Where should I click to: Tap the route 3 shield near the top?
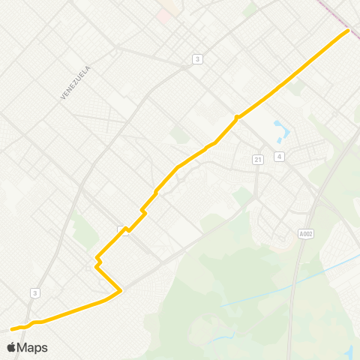(197, 58)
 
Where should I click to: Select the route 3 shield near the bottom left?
(35, 292)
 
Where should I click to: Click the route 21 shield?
(258, 159)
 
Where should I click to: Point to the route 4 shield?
(279, 157)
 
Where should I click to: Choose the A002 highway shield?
(305, 233)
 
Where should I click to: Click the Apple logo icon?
(11, 347)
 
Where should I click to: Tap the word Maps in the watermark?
(33, 347)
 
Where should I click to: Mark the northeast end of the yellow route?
(348, 31)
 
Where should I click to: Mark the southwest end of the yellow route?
(11, 328)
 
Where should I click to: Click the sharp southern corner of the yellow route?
(120, 289)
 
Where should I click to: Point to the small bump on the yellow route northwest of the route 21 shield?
(236, 117)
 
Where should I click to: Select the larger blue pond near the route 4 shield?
(282, 130)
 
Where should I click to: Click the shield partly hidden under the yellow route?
(123, 230)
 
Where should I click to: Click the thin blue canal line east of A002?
(330, 268)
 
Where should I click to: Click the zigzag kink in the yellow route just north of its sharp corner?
(97, 261)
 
